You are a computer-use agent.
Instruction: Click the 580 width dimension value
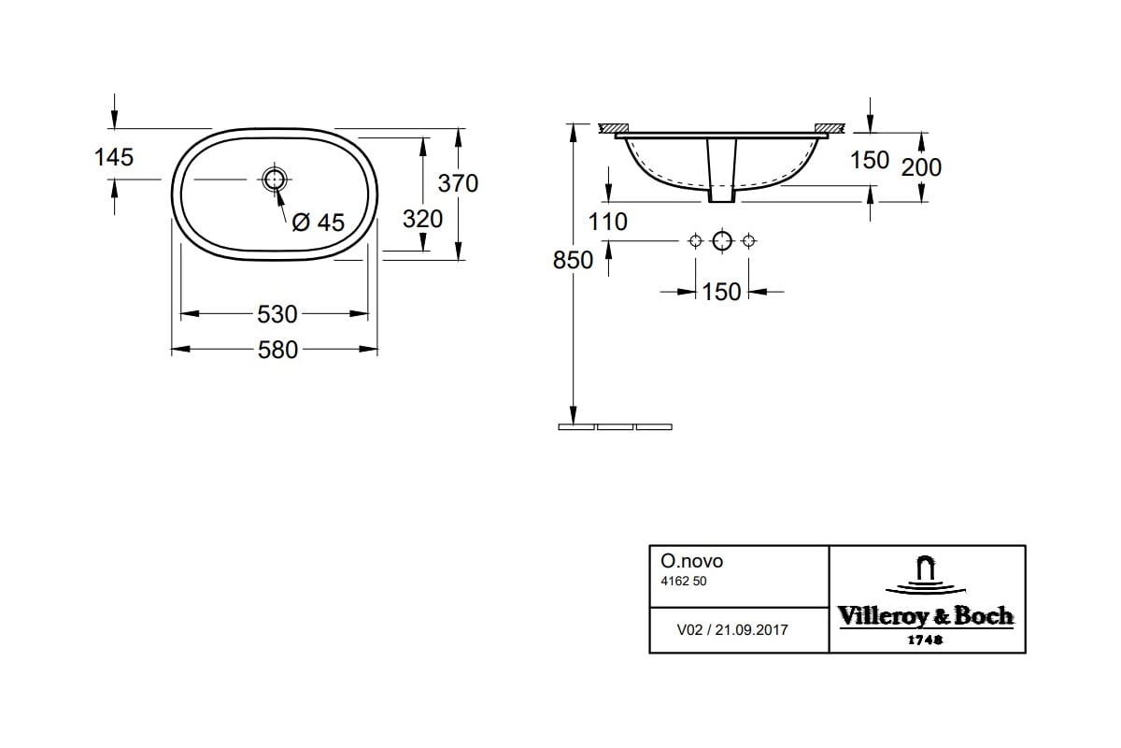(277, 350)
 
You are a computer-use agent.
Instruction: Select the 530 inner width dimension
(277, 313)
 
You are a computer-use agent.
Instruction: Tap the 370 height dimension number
(458, 183)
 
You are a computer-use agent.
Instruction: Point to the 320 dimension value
(422, 220)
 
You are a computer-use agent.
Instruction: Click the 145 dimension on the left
(114, 157)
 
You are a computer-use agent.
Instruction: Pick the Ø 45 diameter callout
(318, 223)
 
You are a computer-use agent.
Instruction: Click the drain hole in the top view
(275, 180)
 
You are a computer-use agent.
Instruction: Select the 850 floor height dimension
(573, 260)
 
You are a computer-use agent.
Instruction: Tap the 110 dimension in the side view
(609, 222)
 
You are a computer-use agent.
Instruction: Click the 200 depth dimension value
(921, 167)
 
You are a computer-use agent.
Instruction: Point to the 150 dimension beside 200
(869, 160)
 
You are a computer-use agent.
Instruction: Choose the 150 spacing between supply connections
(721, 292)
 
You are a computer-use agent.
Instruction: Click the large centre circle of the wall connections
(721, 241)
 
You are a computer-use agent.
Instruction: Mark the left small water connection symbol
(694, 241)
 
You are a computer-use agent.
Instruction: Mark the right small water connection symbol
(747, 241)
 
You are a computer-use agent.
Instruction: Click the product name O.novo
(691, 562)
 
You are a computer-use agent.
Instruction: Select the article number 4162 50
(684, 582)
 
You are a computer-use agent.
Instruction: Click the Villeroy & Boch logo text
(925, 616)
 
